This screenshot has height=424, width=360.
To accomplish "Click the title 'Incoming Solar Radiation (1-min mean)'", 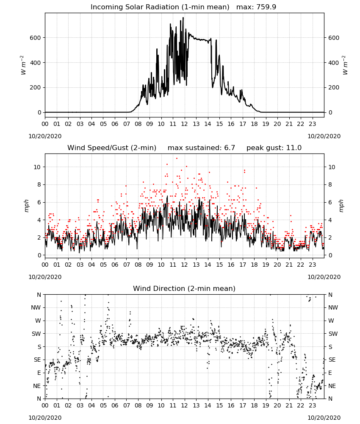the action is click(x=160, y=7).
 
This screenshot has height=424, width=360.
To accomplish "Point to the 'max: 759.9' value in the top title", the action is click(x=256, y=7).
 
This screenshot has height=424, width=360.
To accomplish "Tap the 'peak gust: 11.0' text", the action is click(x=274, y=148).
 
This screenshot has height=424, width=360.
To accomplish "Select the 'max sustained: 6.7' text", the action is click(x=201, y=148).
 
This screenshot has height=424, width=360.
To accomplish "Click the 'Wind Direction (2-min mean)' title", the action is click(x=184, y=288).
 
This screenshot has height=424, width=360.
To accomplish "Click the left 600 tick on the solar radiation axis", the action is click(x=35, y=38).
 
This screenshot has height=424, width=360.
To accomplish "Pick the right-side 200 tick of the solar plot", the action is click(x=334, y=88).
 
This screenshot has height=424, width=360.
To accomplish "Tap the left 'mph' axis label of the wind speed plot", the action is click(x=26, y=206).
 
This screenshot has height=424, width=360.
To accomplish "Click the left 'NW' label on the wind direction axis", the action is click(x=36, y=308).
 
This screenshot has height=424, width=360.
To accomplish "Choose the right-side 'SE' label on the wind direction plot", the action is click(x=332, y=360).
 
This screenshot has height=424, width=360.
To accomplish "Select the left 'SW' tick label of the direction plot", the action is click(x=36, y=334).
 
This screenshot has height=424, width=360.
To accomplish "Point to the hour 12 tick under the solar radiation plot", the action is click(x=185, y=124).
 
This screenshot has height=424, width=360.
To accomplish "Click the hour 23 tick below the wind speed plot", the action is click(x=312, y=265).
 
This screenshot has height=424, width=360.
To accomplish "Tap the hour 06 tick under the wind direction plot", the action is click(x=115, y=406).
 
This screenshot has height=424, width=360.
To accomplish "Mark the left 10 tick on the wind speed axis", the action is click(x=37, y=167).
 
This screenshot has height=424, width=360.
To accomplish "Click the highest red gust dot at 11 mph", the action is click(x=177, y=158).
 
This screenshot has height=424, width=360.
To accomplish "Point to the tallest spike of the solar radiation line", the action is click(x=183, y=18).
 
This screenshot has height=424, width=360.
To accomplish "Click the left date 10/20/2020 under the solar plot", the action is click(x=45, y=136).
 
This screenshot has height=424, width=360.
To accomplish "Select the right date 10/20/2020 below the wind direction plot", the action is click(x=324, y=418).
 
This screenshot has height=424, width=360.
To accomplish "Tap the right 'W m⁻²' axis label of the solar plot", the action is click(x=345, y=65).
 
